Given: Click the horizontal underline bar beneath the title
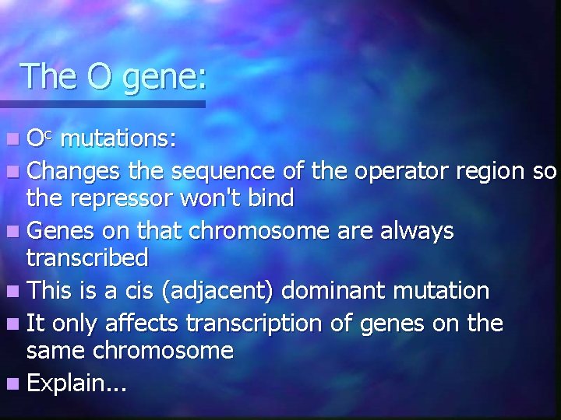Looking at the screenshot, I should point(101,103).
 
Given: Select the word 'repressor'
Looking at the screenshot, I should point(127,199).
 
